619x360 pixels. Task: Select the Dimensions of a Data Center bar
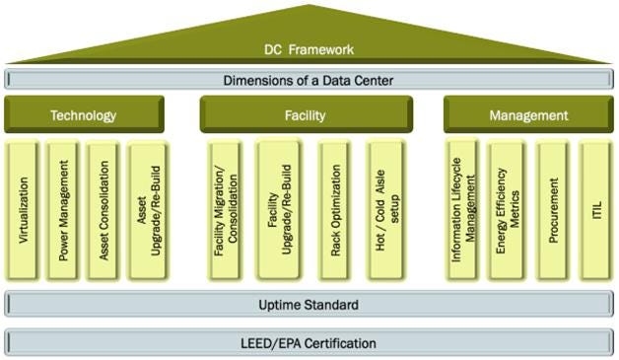309,79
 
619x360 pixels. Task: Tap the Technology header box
83,115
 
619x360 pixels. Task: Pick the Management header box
528,115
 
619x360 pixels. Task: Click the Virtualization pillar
25,211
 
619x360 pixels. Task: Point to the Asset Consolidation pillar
103,211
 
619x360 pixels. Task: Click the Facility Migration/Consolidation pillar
226,211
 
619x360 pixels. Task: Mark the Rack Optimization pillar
335,211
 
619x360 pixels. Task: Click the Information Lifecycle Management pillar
462,211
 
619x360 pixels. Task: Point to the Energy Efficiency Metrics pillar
507,211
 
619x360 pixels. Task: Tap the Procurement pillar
553,211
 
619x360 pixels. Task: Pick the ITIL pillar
595,211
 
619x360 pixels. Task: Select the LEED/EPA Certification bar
309,343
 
